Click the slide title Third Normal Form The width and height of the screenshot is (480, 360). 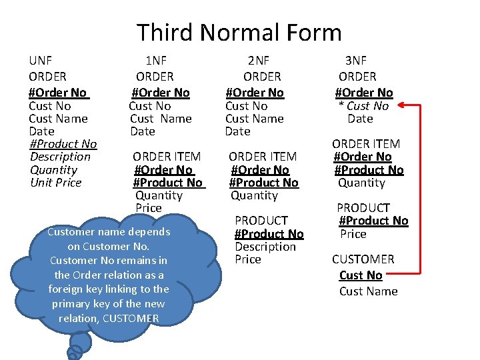pos(239,33)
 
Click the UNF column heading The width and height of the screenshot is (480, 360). pos(41,61)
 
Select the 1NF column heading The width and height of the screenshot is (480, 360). pos(157,61)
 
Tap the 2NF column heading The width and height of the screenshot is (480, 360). pos(259,61)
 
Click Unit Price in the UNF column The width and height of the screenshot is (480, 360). pos(56,183)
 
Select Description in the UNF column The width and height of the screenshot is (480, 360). pos(60,157)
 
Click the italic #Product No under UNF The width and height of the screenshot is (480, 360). pos(63,144)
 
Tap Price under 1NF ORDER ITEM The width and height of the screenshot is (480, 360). pos(149,208)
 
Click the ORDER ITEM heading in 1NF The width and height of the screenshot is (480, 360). pos(167,157)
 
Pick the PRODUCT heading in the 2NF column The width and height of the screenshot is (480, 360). pos(261,221)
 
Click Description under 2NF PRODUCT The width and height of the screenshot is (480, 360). pos(265,247)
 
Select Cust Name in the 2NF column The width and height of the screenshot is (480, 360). pos(255,119)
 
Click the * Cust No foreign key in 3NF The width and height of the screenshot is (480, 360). pos(364,106)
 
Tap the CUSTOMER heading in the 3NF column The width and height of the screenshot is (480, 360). pos(363,259)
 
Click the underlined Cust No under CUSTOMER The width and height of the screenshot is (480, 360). pos(361,275)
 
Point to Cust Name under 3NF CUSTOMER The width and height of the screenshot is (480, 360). pos(368,291)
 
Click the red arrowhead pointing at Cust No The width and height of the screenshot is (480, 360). pos(399,105)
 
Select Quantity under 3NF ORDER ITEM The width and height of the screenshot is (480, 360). pos(361,183)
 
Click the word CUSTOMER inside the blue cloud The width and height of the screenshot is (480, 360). pos(131,319)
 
